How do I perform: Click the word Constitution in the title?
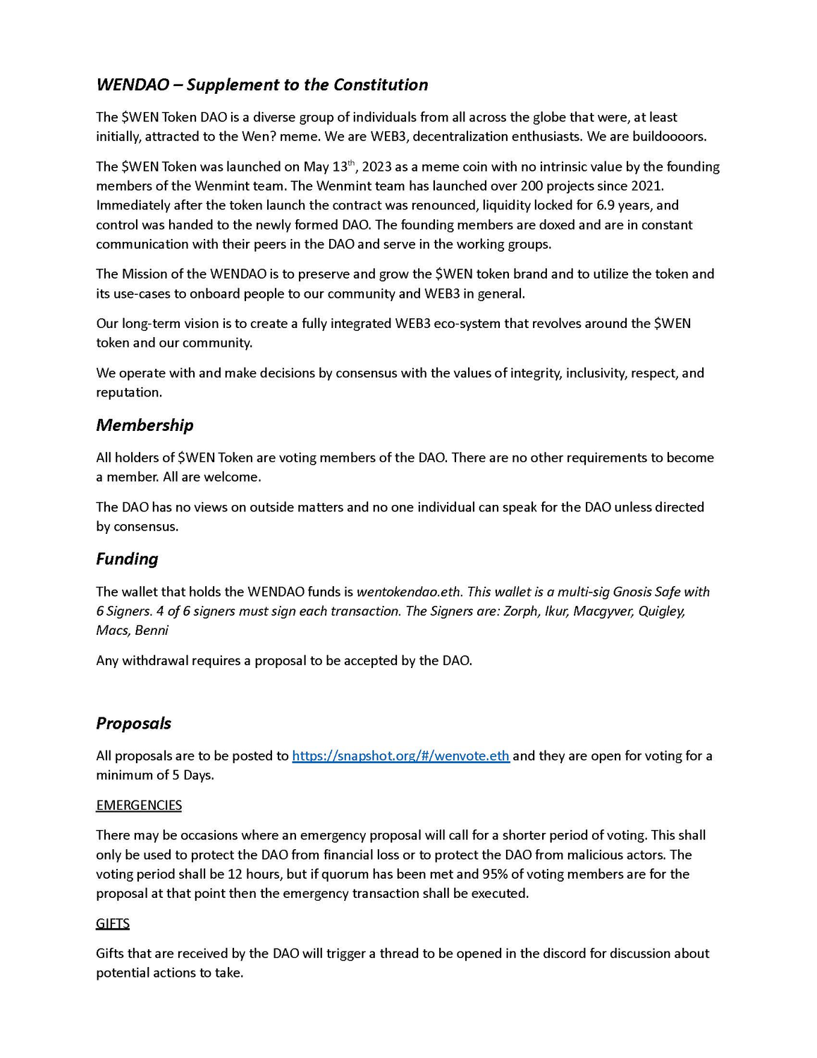tap(381, 85)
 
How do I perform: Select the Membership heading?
tap(145, 425)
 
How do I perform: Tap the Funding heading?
tap(127, 559)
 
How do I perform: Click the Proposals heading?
tap(133, 724)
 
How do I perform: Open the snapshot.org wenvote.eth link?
tap(400, 756)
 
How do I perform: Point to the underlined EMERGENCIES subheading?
tap(139, 805)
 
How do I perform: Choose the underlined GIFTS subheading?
tap(113, 924)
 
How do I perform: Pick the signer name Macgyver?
tap(602, 612)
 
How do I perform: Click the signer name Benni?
tap(152, 631)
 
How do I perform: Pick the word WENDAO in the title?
tap(133, 85)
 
